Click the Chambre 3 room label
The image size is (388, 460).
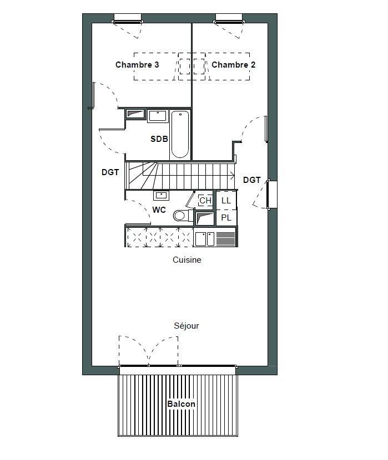click(x=137, y=64)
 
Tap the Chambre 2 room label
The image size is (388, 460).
click(x=233, y=64)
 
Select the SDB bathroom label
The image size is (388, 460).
click(x=159, y=139)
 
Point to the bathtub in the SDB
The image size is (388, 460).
click(x=180, y=134)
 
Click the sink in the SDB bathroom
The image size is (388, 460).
click(x=158, y=116)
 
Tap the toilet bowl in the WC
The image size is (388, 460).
click(x=182, y=216)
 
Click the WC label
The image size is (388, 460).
click(x=159, y=209)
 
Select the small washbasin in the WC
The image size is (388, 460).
click(x=161, y=195)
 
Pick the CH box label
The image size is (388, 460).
click(x=205, y=201)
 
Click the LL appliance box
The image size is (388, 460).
click(x=226, y=201)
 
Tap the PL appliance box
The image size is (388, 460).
click(x=226, y=217)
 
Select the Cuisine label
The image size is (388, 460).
click(x=187, y=259)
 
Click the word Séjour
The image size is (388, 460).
click(x=187, y=326)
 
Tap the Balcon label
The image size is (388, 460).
click(x=181, y=403)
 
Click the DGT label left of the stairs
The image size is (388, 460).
click(x=110, y=172)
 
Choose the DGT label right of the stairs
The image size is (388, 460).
click(x=251, y=180)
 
